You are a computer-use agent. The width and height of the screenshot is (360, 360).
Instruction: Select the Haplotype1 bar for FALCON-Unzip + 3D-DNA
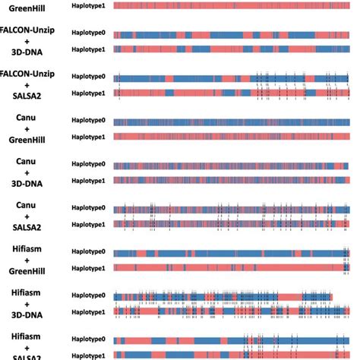click(x=232, y=49)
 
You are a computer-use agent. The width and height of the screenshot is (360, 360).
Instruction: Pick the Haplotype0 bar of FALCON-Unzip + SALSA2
click(x=232, y=78)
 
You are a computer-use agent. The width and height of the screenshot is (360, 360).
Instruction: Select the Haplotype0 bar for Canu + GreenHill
click(x=232, y=122)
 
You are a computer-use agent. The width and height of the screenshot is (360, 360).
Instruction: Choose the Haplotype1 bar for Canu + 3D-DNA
click(x=232, y=180)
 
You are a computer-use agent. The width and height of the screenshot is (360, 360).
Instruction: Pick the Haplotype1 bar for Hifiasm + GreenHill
click(x=232, y=267)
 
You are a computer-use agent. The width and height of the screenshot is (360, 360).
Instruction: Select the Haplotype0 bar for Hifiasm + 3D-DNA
click(x=232, y=296)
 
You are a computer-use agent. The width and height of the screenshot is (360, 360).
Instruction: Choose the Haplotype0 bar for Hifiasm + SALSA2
click(x=232, y=340)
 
